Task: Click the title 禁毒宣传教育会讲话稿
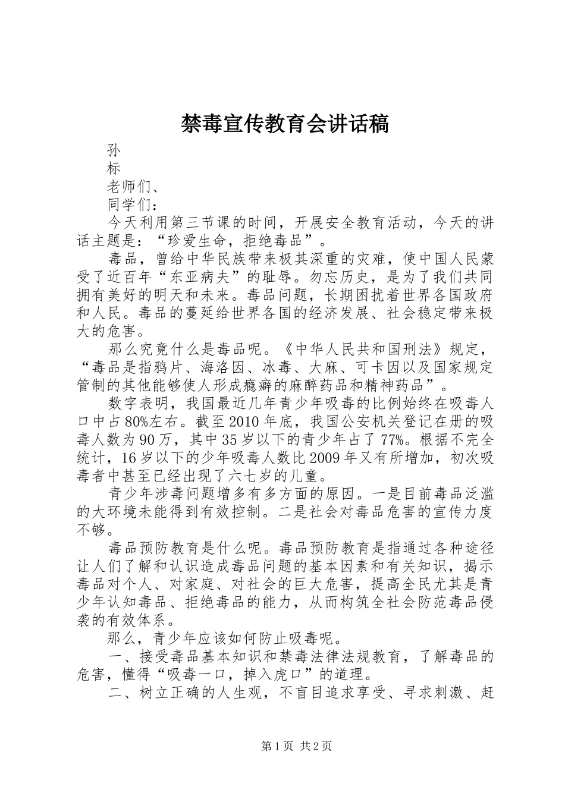click(x=284, y=124)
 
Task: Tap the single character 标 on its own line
click(x=114, y=168)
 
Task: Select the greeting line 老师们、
click(x=133, y=187)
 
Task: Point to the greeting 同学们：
click(x=133, y=205)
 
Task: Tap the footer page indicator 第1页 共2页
click(x=296, y=746)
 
